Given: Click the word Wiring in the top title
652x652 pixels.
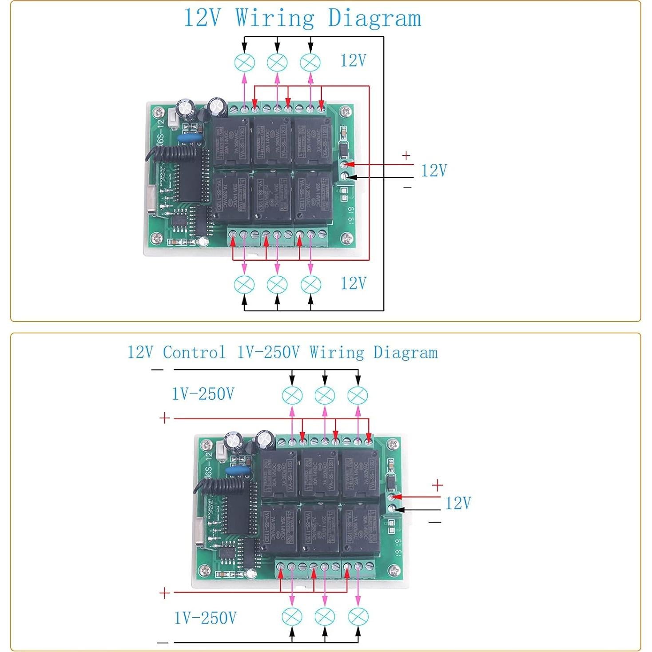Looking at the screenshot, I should click(274, 19).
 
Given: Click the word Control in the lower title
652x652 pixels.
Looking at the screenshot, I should click(194, 353).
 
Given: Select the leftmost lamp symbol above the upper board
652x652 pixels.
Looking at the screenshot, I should click(244, 62).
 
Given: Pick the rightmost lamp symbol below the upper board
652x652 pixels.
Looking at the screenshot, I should click(310, 284).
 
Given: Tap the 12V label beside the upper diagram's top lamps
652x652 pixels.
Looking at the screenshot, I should click(353, 60).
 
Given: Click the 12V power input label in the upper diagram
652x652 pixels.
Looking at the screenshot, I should click(433, 171).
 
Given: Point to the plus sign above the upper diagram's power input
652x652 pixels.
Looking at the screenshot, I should click(406, 155).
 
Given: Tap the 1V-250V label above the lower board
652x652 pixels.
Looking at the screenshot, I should click(203, 394).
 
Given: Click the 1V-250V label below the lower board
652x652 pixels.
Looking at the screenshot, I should click(205, 618).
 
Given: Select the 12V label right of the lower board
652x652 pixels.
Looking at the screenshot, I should click(457, 503).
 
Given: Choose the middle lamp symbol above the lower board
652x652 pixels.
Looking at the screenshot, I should click(325, 395).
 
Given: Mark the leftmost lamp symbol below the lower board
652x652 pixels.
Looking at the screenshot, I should click(292, 616).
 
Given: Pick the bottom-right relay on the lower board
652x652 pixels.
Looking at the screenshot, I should click(360, 528).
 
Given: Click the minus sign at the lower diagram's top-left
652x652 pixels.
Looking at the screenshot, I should click(157, 370).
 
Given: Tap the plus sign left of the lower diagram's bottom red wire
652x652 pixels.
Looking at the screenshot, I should click(164, 593).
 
